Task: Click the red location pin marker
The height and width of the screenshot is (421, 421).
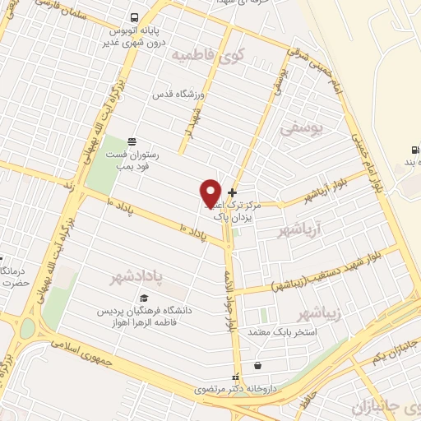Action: point(210,193)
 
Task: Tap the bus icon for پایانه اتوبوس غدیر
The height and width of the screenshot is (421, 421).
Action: point(134,18)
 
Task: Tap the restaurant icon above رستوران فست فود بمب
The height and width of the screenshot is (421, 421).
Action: point(132,141)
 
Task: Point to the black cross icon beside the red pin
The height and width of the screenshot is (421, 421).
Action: point(232,192)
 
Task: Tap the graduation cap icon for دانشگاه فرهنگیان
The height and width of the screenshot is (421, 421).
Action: point(144,298)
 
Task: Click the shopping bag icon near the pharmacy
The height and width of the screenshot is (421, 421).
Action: point(260,365)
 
